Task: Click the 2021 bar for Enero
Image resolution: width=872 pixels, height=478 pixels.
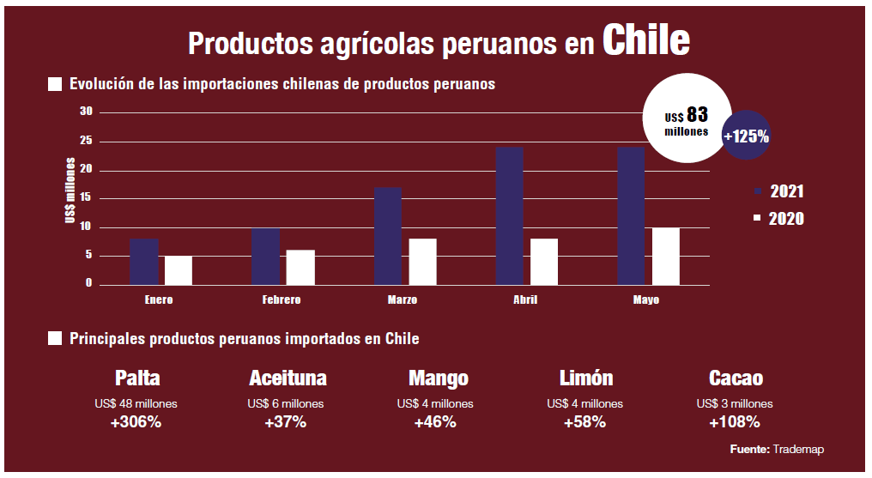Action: (x=144, y=261)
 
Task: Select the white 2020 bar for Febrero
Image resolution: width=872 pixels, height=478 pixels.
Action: (x=300, y=267)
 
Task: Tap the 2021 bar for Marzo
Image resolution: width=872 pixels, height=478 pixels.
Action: (x=388, y=235)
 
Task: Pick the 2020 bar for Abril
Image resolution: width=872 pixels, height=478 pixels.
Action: (x=544, y=261)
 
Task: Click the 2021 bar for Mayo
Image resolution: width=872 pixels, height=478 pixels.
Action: (x=631, y=215)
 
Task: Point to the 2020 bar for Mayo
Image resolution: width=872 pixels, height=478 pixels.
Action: (x=666, y=256)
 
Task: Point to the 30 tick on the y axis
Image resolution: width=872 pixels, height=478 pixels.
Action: (x=86, y=112)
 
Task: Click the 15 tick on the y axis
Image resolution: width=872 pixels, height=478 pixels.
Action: (x=86, y=198)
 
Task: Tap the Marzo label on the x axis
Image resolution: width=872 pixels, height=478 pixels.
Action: (x=402, y=300)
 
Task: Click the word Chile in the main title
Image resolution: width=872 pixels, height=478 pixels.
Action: (x=645, y=39)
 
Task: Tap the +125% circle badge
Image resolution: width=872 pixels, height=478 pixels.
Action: (x=746, y=136)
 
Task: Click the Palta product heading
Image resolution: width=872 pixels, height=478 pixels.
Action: (x=137, y=378)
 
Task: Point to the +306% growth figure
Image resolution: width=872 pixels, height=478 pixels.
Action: (x=137, y=422)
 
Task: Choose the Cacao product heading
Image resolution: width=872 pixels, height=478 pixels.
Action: (x=736, y=378)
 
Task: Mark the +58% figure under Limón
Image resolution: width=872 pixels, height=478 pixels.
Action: (x=584, y=422)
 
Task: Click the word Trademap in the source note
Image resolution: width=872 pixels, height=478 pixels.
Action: (x=798, y=450)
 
